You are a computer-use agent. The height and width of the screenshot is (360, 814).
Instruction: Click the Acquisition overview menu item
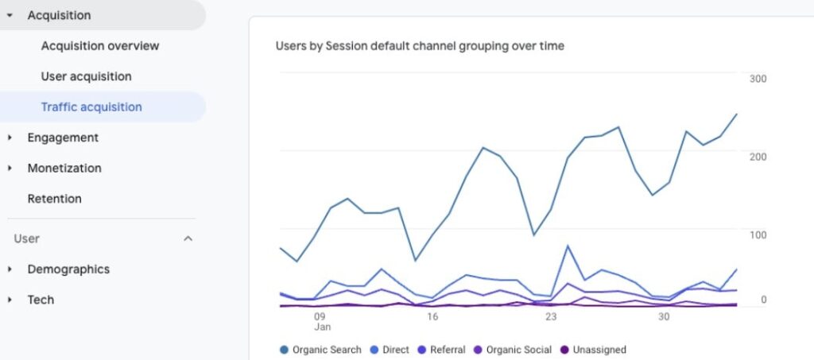(x=100, y=46)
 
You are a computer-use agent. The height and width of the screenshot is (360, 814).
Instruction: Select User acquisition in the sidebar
(x=86, y=77)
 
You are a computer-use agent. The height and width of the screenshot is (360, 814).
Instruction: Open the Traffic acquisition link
(x=91, y=107)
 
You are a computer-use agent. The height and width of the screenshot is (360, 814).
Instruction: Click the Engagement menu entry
(x=63, y=137)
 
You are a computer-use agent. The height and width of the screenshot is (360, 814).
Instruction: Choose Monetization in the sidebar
(x=64, y=168)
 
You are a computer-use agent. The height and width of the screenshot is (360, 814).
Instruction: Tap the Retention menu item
(x=55, y=199)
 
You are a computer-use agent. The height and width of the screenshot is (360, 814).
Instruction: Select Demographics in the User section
(x=68, y=269)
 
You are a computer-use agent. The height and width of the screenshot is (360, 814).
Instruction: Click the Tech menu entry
(x=41, y=300)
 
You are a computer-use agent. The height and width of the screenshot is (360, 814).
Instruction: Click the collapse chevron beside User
(x=188, y=238)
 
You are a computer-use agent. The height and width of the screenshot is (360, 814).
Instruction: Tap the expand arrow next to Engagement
(x=10, y=137)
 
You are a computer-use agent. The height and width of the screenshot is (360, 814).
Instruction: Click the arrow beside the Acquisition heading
(x=10, y=16)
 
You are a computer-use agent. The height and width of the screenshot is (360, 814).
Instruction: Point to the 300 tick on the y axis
(x=758, y=79)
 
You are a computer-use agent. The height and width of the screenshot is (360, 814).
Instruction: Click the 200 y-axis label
(x=758, y=157)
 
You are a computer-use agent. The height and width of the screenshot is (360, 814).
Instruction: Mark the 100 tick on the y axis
(x=758, y=235)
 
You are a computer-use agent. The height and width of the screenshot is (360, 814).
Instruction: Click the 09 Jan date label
(x=321, y=322)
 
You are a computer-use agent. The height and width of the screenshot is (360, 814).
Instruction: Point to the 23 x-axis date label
(x=551, y=316)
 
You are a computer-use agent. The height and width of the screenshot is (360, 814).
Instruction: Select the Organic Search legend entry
(x=320, y=350)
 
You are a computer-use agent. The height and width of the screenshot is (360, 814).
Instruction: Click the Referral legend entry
(x=442, y=350)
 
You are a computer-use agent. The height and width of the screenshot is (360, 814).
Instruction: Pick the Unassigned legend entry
(x=593, y=350)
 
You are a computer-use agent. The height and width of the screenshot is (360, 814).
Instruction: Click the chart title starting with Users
(x=420, y=46)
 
